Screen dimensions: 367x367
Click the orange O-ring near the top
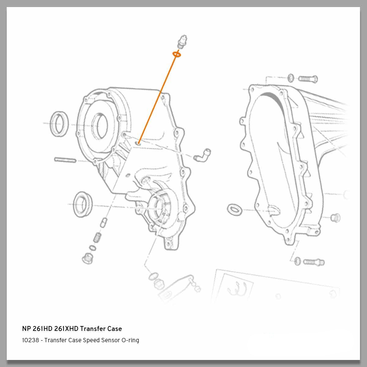pos(177,54)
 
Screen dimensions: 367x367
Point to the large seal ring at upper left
pos(58,123)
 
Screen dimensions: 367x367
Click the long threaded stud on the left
pos(65,160)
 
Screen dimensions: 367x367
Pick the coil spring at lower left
pos(97,237)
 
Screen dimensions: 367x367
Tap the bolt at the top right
pos(308,79)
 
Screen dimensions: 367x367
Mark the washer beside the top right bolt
pos(291,78)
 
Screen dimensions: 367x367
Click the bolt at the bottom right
pos(314,262)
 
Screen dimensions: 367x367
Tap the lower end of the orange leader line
pos(139,143)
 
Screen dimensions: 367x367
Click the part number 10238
pos(31,340)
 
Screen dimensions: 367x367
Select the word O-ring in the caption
pos(130,340)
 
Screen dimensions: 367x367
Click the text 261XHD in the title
pos(66,329)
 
